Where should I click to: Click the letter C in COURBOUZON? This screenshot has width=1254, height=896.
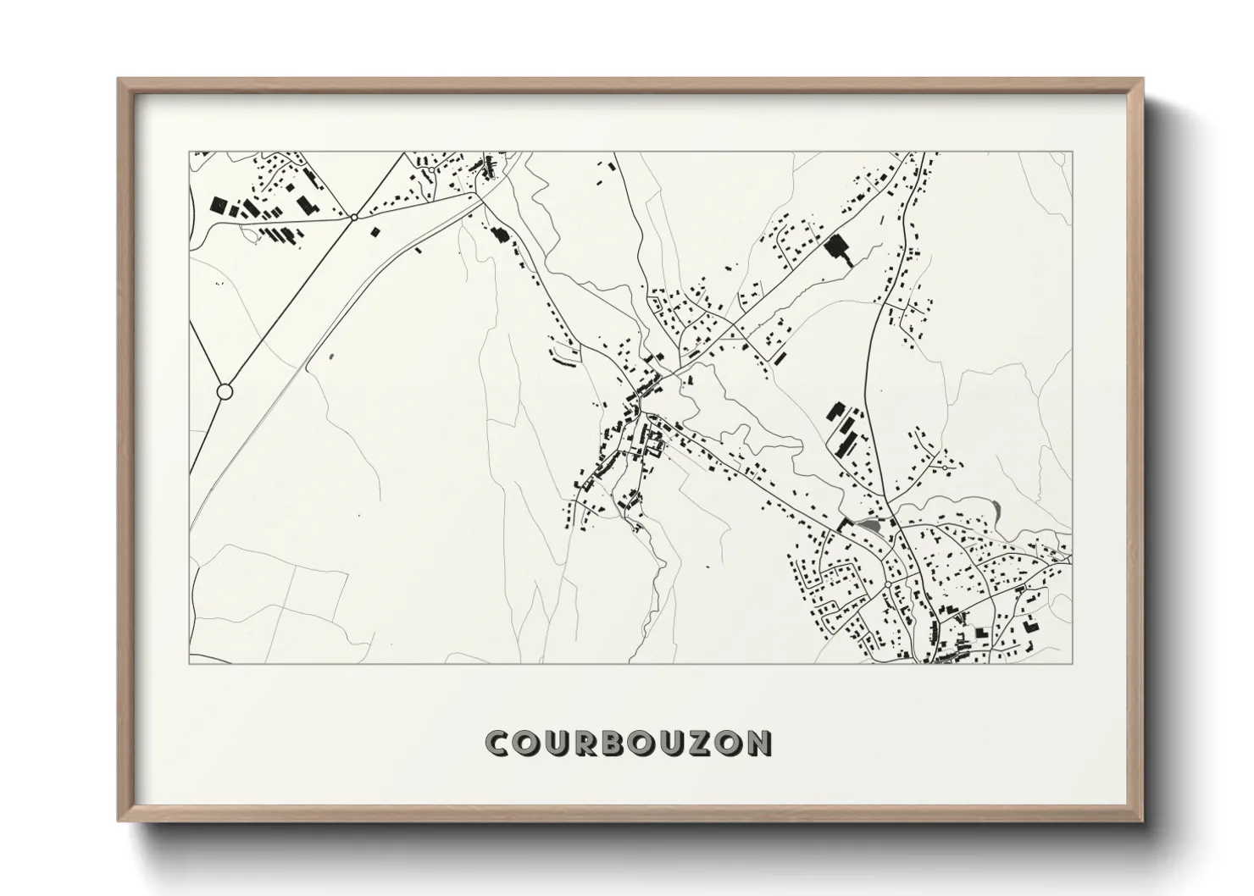[x=497, y=744]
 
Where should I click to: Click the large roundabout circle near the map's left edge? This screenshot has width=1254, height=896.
[x=225, y=391]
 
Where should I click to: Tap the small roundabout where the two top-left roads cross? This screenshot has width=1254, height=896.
[x=353, y=218]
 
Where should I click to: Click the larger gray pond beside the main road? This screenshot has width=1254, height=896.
[x=868, y=527]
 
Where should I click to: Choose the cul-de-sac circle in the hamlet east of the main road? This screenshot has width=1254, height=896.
[x=944, y=467]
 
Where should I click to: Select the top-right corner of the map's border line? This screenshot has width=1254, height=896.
[x=1072, y=152]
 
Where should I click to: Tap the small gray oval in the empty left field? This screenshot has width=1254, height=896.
[x=330, y=359]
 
